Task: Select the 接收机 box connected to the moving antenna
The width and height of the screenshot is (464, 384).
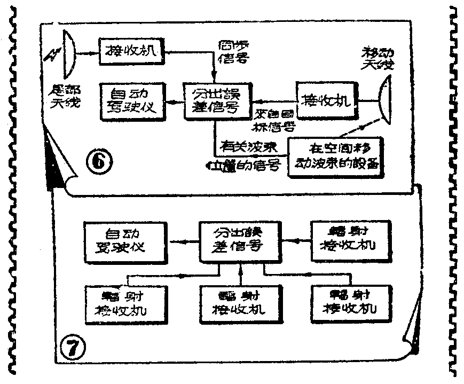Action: click(x=328, y=99)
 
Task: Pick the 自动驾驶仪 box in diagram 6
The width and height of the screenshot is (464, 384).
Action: click(x=132, y=99)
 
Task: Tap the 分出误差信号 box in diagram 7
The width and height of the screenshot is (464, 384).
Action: click(x=240, y=241)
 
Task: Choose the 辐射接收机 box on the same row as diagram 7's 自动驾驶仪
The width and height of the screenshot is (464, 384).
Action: click(x=347, y=241)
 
